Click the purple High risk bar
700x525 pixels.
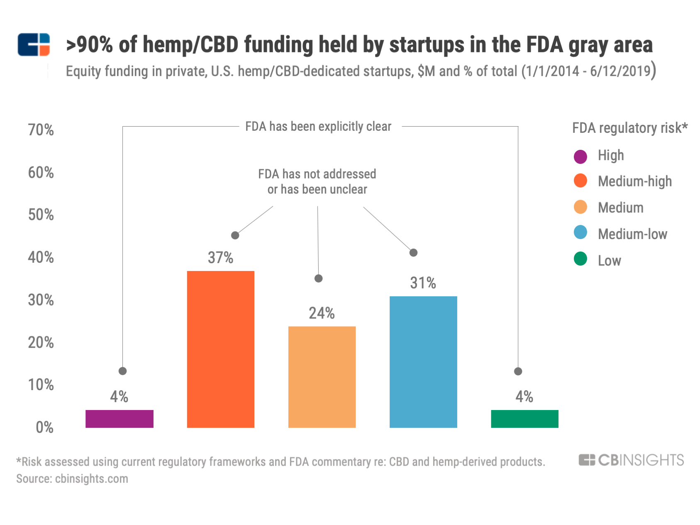(x=120, y=419)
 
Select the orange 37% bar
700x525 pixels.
(x=220, y=349)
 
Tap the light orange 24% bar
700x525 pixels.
(x=322, y=377)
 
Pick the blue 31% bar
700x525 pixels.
(x=423, y=361)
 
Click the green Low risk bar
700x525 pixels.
(x=524, y=419)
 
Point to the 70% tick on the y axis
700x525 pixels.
(x=41, y=130)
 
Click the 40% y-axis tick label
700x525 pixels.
(x=41, y=258)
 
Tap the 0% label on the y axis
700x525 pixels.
(x=44, y=427)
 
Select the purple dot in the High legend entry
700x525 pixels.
(x=580, y=156)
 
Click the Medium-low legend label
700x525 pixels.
(x=632, y=234)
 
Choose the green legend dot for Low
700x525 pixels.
(x=580, y=259)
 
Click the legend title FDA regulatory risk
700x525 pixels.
(x=629, y=128)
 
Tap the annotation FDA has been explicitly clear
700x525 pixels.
(x=318, y=127)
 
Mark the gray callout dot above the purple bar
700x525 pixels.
(x=122, y=371)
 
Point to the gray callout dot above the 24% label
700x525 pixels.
(x=318, y=278)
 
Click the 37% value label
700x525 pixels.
(x=220, y=258)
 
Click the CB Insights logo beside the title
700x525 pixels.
(x=34, y=45)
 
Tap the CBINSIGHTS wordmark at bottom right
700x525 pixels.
(x=631, y=460)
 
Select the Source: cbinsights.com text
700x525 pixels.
(x=72, y=479)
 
